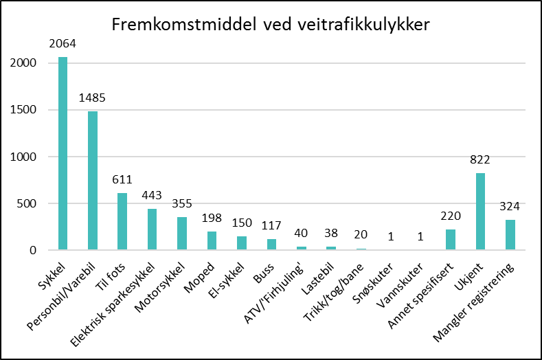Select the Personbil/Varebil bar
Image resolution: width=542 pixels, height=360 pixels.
pyautogui.click(x=93, y=181)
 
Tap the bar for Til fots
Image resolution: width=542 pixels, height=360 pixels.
pyautogui.click(x=122, y=221)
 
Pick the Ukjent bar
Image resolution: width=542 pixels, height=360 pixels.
pyautogui.click(x=480, y=212)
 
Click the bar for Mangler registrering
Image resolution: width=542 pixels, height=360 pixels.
pyautogui.click(x=510, y=235)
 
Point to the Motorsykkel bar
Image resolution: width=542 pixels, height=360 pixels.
pyautogui.click(x=182, y=234)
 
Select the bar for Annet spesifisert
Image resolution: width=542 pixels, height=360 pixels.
pyautogui.click(x=451, y=240)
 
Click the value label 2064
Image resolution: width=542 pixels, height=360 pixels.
pyautogui.click(x=63, y=45)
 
